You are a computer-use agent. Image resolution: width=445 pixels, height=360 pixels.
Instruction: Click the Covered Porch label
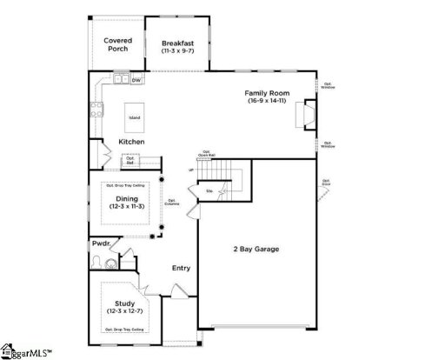pyautogui.click(x=116, y=44)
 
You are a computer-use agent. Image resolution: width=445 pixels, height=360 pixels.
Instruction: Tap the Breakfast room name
pyautogui.click(x=176, y=43)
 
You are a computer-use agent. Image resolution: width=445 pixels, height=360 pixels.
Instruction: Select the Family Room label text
pyautogui.click(x=266, y=92)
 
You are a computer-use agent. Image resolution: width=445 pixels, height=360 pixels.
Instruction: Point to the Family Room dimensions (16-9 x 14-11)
pyautogui.click(x=266, y=101)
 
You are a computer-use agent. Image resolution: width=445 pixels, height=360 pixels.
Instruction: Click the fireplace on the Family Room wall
pyautogui.click(x=305, y=115)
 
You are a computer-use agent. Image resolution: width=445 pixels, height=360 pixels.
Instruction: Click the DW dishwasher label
pyautogui.click(x=136, y=80)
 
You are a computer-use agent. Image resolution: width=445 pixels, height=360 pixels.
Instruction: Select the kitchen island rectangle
pyautogui.click(x=135, y=117)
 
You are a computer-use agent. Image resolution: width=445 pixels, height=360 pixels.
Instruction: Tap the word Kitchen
pyautogui.click(x=131, y=142)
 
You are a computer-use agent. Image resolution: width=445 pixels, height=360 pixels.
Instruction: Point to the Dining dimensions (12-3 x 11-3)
pyautogui.click(x=127, y=207)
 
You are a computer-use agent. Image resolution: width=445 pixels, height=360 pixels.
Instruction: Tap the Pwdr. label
pyautogui.click(x=101, y=244)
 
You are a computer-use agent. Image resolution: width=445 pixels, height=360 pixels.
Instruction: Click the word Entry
pyautogui.click(x=181, y=268)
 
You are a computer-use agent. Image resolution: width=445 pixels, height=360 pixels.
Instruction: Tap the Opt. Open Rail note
pyautogui.click(x=207, y=154)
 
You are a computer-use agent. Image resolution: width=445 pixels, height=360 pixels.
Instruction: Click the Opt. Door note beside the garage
pyautogui.click(x=326, y=183)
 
